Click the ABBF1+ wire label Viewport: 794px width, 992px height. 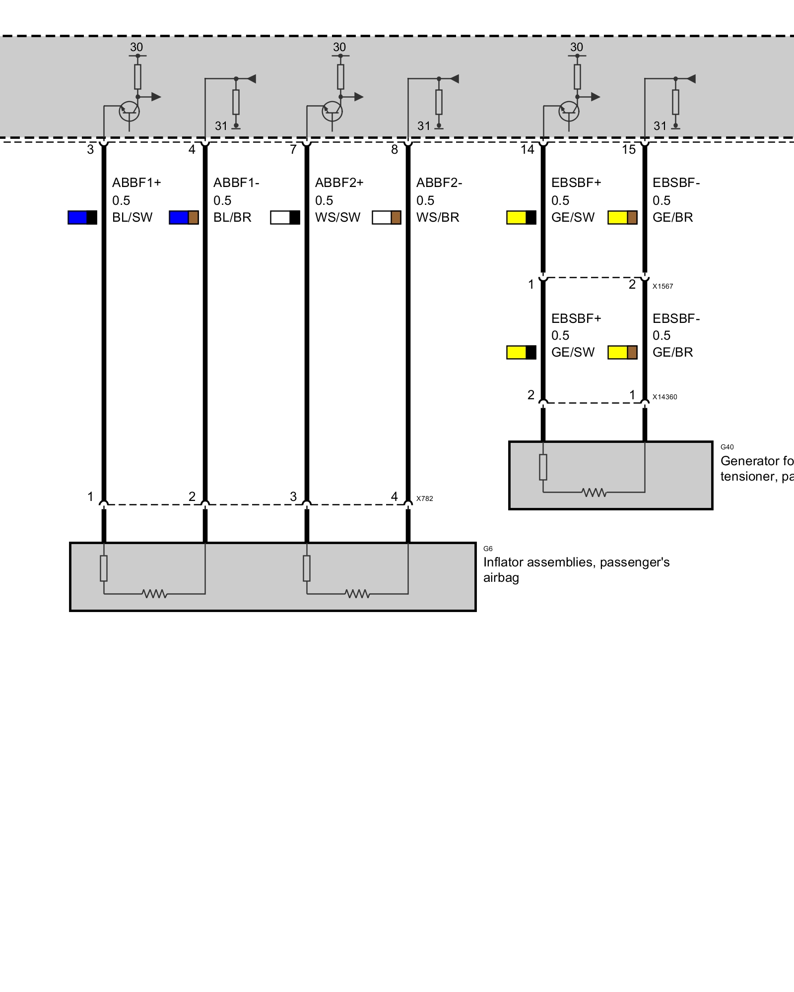136,183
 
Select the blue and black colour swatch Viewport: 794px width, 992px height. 82,218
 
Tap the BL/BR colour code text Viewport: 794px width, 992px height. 232,217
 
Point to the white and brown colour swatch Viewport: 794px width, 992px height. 387,218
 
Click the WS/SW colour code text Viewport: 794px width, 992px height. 337,217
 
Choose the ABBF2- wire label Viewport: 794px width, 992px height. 439,183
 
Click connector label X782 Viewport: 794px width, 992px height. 424,498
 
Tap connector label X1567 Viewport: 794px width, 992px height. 662,286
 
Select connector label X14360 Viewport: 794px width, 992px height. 664,397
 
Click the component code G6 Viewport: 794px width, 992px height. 488,549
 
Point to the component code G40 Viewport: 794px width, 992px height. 727,447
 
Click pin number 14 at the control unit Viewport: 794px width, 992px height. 527,149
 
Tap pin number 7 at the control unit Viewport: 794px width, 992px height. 293,149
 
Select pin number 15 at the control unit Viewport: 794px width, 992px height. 629,149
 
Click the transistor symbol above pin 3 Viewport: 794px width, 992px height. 129,111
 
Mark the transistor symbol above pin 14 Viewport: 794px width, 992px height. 569,111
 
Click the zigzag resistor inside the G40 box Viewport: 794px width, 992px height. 594,493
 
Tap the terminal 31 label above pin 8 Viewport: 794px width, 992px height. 423,126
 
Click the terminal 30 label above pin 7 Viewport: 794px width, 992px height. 339,47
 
